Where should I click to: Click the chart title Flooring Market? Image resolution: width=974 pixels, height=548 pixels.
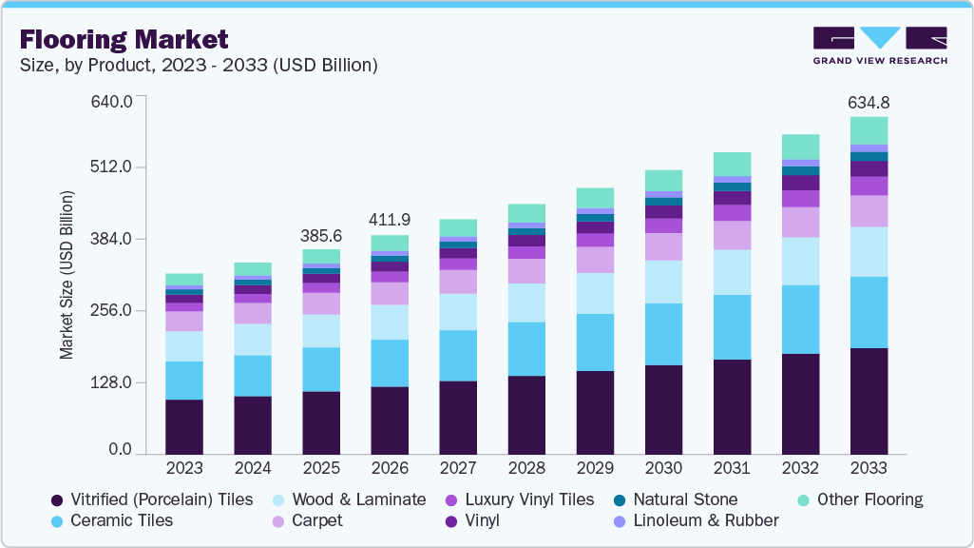pyautogui.click(x=124, y=39)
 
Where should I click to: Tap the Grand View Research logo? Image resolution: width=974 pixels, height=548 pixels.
pyautogui.click(x=879, y=45)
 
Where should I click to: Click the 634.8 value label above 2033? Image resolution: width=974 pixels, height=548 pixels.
pyautogui.click(x=869, y=102)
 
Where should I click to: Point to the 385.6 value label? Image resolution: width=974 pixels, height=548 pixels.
pyautogui.click(x=321, y=234)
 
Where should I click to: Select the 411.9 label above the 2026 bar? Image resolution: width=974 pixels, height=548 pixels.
pyautogui.click(x=390, y=220)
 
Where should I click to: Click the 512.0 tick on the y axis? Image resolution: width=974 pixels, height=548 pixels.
pyautogui.click(x=111, y=167)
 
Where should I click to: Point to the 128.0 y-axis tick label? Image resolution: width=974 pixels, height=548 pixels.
pyautogui.click(x=111, y=382)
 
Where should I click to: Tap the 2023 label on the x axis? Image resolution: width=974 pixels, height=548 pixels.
pyautogui.click(x=183, y=468)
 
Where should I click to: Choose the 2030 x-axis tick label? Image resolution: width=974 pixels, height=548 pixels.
pyautogui.click(x=663, y=468)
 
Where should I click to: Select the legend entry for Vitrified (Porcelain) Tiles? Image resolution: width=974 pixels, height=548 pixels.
pyautogui.click(x=152, y=499)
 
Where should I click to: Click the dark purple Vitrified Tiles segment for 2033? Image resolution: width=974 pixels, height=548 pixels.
pyautogui.click(x=869, y=401)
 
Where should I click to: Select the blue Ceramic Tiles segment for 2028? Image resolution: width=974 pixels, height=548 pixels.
pyautogui.click(x=526, y=348)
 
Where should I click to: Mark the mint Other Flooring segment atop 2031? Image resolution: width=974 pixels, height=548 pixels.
pyautogui.click(x=732, y=164)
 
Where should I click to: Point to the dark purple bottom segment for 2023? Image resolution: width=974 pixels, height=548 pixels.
pyautogui.click(x=183, y=426)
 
